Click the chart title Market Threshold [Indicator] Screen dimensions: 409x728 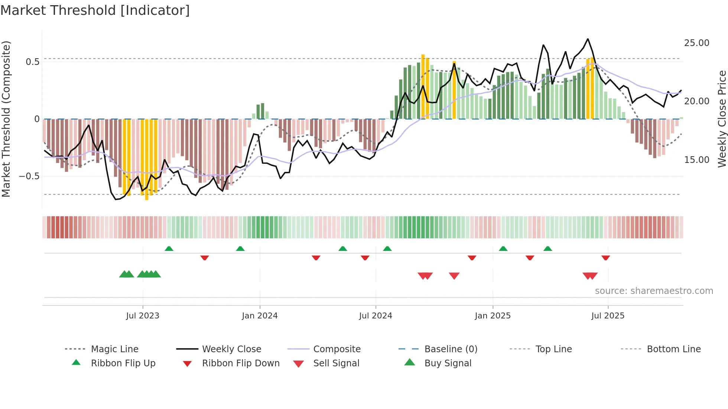pos(95,10)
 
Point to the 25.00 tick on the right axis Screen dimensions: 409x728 pos(696,43)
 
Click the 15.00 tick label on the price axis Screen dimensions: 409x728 pos(696,160)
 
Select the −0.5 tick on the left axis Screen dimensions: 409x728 pos(29,176)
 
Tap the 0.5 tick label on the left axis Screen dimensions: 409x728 pos(32,62)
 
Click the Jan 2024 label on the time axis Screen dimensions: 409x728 pos(260,316)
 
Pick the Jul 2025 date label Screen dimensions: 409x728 pos(608,316)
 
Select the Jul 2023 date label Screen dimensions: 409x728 pos(143,316)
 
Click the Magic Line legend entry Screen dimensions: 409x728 pos(114,349)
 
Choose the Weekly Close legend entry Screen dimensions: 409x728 pos(231,349)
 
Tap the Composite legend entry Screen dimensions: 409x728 pos(337,349)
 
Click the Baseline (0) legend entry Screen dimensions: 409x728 pos(451,349)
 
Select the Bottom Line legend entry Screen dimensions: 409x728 pos(673,349)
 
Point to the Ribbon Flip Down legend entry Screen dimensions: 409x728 pos(240,363)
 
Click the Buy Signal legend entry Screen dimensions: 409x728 pos(448,363)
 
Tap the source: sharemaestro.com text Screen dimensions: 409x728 pos(654,291)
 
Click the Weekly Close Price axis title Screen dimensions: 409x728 pos(722,119)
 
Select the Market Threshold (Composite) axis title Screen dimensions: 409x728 pos(6,119)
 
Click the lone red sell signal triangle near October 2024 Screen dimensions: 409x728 pos(454,275)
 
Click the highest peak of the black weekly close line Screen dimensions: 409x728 pos(588,39)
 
